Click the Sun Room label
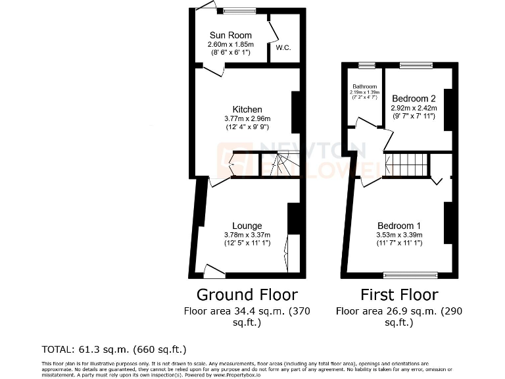click(x=226, y=36)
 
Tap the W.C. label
click(x=283, y=47)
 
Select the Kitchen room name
click(x=247, y=109)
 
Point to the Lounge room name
click(x=247, y=226)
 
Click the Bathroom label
click(x=364, y=86)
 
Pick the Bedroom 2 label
click(x=414, y=99)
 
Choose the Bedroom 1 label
click(x=399, y=226)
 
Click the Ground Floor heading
click(x=247, y=294)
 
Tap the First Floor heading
click(x=398, y=294)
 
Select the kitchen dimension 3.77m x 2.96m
click(x=247, y=118)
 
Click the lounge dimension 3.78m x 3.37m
click(x=247, y=235)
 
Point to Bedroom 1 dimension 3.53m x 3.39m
click(x=399, y=235)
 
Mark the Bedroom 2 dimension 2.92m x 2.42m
click(x=414, y=108)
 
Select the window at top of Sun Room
click(x=239, y=11)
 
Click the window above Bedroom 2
click(x=416, y=65)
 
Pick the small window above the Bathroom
click(x=366, y=65)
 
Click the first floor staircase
click(x=406, y=165)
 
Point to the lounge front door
click(x=214, y=270)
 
